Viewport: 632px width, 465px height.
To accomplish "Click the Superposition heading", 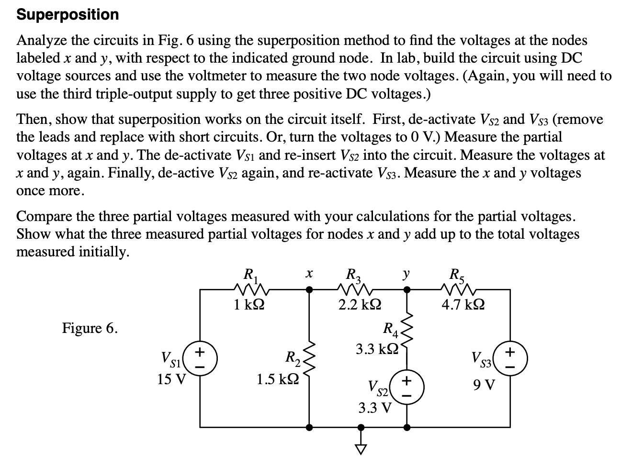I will point(68,14).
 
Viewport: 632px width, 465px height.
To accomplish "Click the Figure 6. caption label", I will point(90,328).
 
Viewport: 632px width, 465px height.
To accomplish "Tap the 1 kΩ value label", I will point(250,305).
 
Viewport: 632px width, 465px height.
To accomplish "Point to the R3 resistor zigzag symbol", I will point(355,289).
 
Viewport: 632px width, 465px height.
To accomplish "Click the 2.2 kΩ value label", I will point(360,305).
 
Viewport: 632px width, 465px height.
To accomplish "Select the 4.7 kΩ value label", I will point(463,305).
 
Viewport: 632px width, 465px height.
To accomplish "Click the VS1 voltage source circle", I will point(200,358).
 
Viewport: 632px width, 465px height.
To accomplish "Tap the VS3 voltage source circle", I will point(510,358).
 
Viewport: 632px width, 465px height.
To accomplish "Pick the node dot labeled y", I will point(407,289).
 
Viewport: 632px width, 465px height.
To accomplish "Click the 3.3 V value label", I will point(375,408).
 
